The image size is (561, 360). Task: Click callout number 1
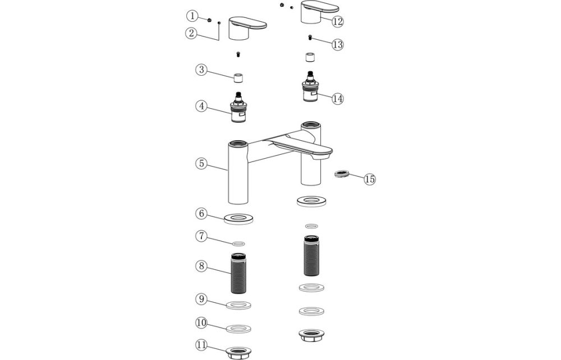192,15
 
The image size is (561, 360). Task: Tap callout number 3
201,70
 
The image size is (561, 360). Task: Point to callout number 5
201,164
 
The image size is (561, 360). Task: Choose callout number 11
201,344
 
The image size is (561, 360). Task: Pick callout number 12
337,21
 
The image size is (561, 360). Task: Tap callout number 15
369,179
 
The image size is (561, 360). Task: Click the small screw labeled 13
310,37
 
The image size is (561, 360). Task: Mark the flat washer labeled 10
240,327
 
